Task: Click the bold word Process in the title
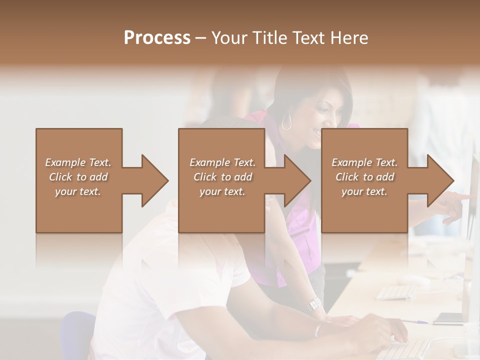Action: click(157, 37)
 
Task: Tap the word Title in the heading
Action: click(267, 37)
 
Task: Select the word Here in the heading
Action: click(348, 37)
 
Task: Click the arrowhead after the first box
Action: click(154, 180)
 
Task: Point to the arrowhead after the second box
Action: click(297, 180)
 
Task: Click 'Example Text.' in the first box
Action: click(78, 162)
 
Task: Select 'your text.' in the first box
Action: click(78, 191)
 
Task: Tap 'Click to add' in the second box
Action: click(222, 177)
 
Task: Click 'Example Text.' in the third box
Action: click(364, 162)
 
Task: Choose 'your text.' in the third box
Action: click(364, 191)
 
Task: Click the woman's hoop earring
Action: click(286, 122)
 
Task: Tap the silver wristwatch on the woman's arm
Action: click(313, 303)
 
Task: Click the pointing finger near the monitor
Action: click(465, 196)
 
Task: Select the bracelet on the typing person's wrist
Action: click(318, 328)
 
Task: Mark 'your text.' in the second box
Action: click(222, 191)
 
